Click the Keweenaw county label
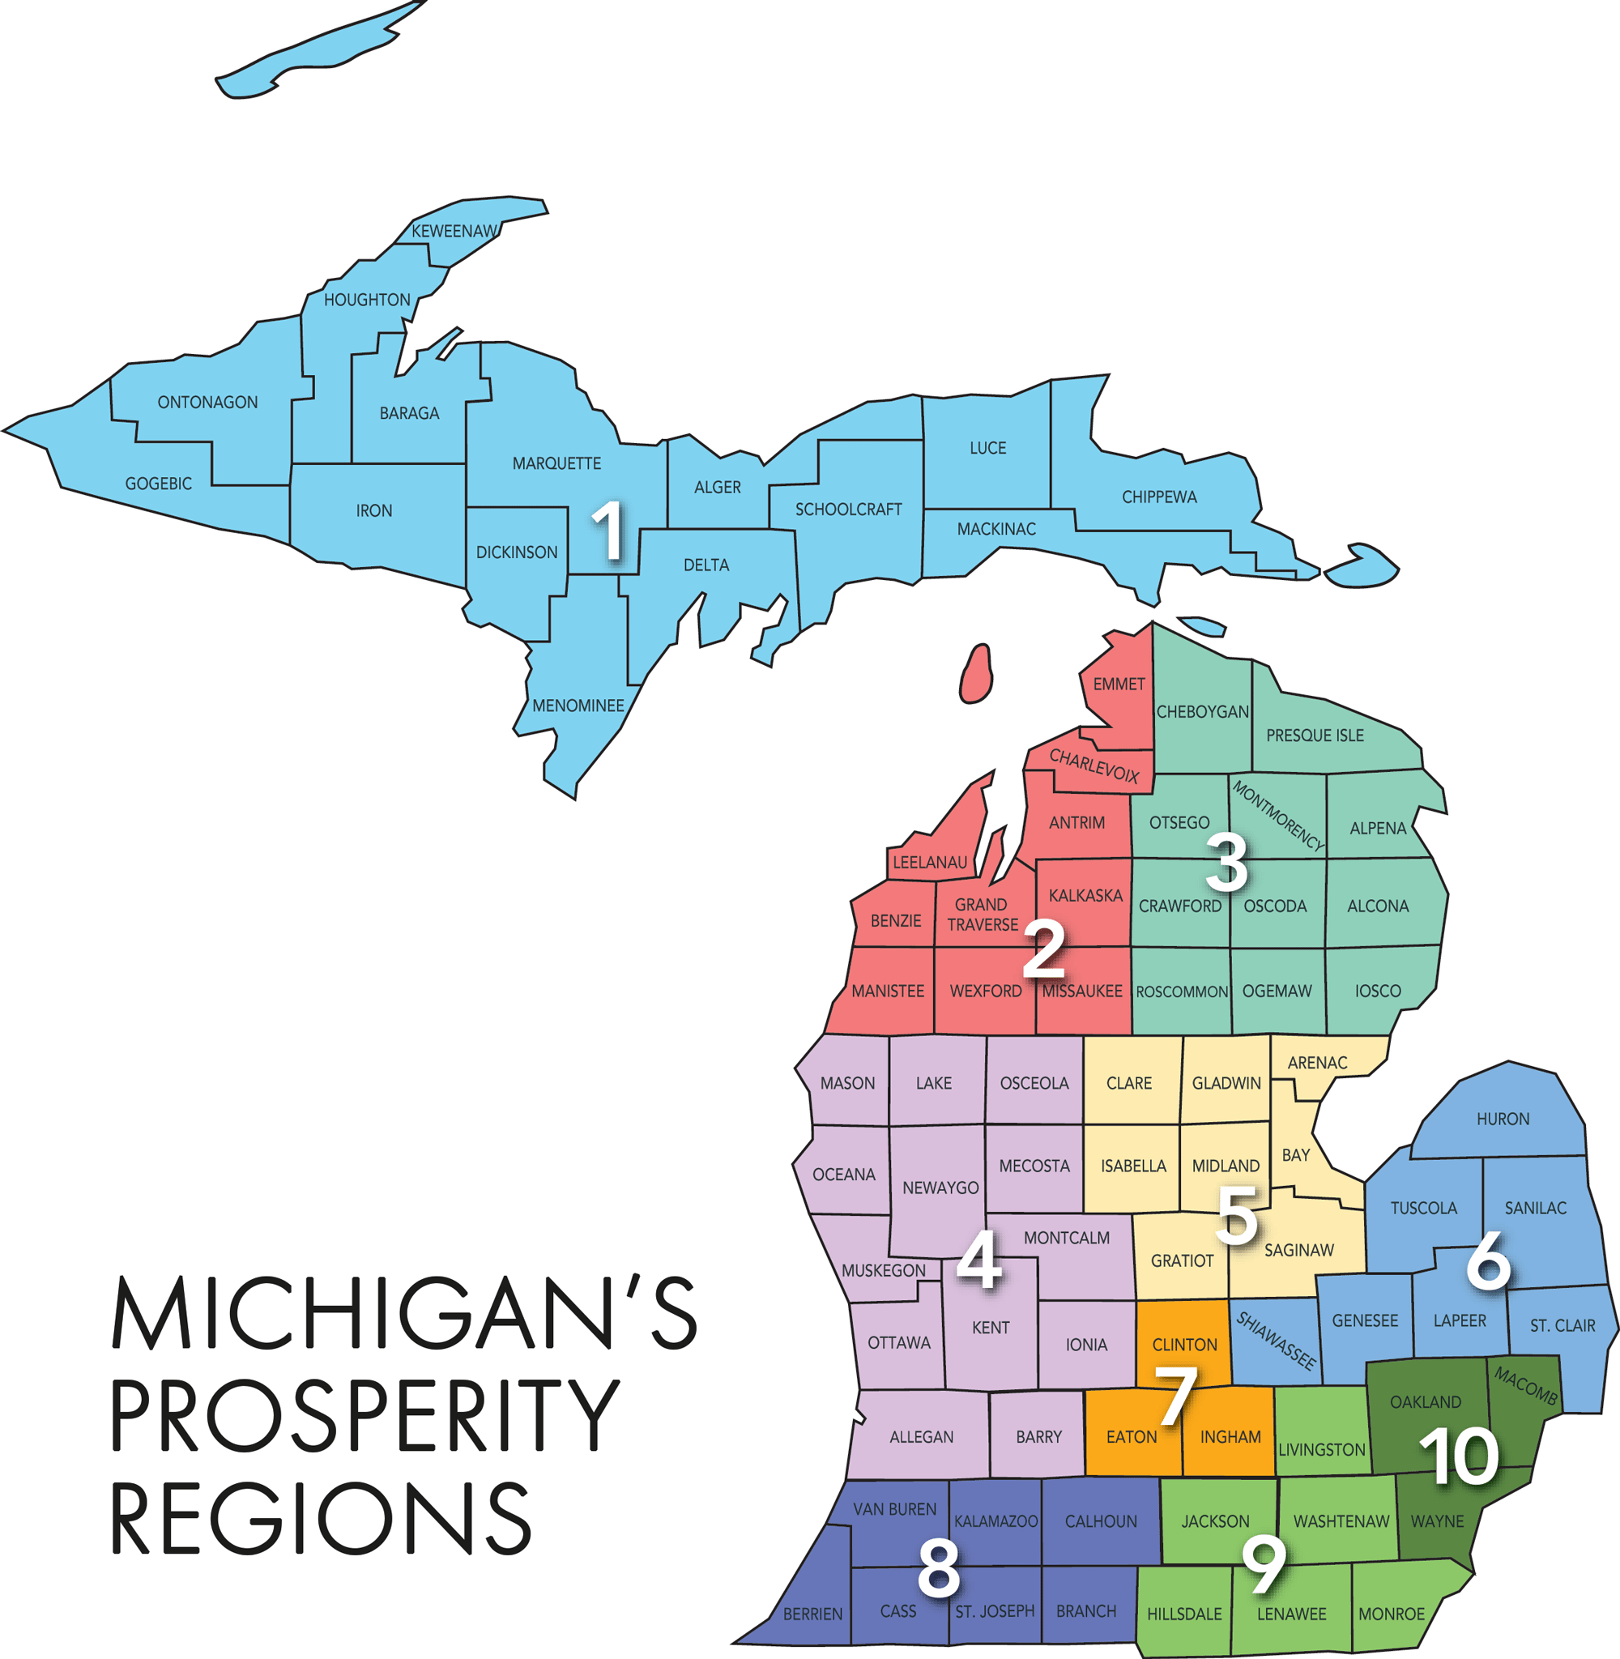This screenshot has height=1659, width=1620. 454,232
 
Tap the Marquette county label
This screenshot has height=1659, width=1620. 556,463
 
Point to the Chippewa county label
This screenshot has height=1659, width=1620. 1159,497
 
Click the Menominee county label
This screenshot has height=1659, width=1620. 578,706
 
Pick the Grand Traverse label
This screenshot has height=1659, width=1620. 982,915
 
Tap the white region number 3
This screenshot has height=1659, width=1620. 1227,863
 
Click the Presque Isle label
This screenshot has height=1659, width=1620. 1315,735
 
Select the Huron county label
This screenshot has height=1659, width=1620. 1503,1119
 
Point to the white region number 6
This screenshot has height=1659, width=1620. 1488,1260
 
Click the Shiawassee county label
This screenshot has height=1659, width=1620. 1276,1341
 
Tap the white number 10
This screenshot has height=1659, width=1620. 1458,1456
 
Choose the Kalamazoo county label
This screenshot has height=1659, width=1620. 995,1521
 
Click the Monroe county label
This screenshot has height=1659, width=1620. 1391,1614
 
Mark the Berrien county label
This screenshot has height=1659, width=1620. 812,1614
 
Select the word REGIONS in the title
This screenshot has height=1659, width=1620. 322,1520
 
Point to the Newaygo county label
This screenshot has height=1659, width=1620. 940,1188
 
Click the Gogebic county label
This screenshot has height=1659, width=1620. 158,484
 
